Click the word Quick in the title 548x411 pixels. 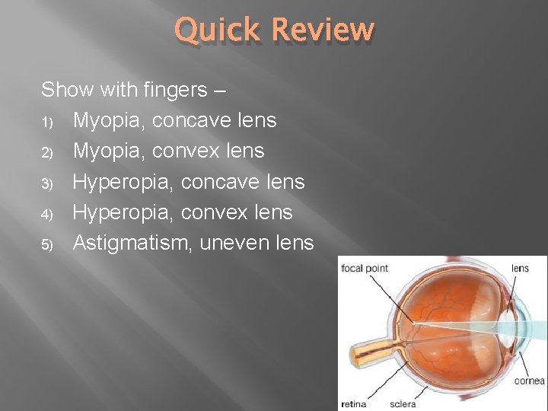pos(218,30)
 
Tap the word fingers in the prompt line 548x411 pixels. pos(175,90)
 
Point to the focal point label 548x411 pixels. pos(365,268)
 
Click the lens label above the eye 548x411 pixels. pos(520,268)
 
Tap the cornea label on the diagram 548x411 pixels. pos(530,381)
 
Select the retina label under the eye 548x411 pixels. pos(354,403)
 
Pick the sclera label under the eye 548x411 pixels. pos(403,403)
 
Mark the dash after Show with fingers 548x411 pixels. pos(219,90)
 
